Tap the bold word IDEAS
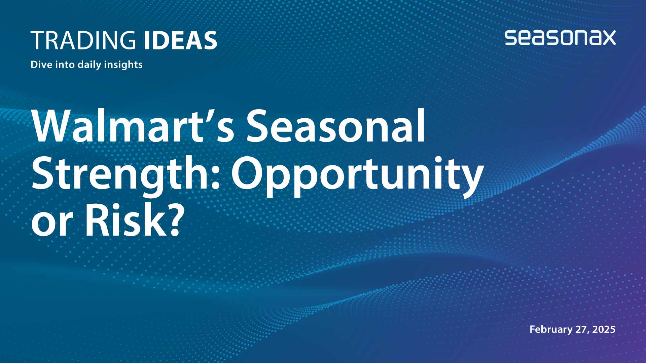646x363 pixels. click(180, 40)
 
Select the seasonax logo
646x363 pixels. click(560, 38)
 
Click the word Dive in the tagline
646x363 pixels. click(41, 64)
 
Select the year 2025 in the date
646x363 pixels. click(604, 329)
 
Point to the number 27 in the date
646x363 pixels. click(582, 329)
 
